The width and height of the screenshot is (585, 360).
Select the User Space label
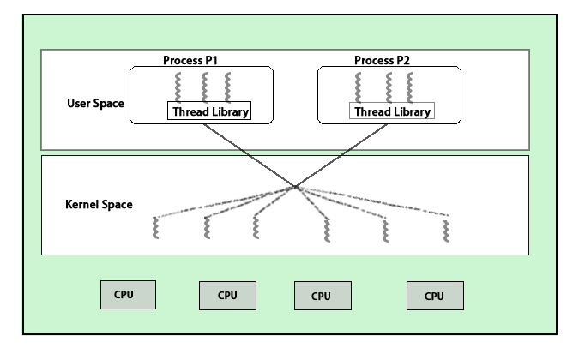coord(95,104)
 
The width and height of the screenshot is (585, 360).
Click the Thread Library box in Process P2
coord(391,111)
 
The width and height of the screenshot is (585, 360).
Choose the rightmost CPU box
coord(434,295)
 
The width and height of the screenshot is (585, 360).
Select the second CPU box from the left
coord(227,295)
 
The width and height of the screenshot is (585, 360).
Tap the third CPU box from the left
coord(321,295)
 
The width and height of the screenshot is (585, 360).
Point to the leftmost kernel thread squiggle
coord(155,228)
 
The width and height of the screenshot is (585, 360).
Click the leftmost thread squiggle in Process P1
coord(179,87)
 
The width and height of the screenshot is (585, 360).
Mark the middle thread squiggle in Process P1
coord(204,87)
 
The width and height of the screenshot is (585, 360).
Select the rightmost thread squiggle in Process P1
coord(227,87)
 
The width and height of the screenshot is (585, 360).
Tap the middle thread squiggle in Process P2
coord(388,87)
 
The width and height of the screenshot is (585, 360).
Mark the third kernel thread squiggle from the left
coord(255,228)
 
